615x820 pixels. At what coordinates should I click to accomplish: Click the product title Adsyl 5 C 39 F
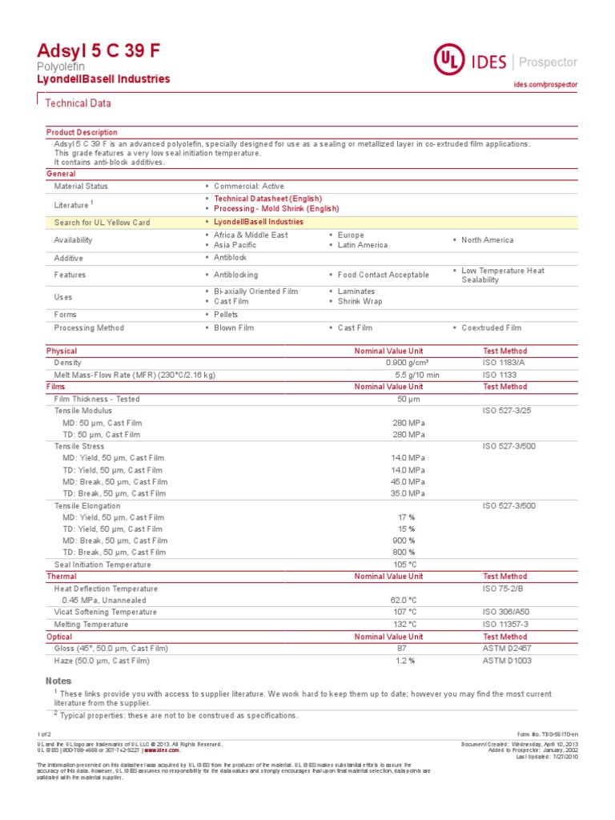point(98,50)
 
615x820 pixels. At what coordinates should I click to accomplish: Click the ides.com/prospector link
point(545,84)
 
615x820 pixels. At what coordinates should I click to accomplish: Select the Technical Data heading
point(78,103)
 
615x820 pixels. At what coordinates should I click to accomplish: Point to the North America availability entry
point(487,240)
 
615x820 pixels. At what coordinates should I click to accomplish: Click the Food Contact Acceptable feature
point(383,275)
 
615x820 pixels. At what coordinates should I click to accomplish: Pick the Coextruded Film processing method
point(491,328)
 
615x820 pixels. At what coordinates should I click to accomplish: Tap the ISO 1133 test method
point(500,375)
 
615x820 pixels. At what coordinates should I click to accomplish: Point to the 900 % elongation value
point(404,541)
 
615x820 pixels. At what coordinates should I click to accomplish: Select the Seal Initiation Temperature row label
point(102,565)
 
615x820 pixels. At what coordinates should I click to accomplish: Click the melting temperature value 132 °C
point(404,624)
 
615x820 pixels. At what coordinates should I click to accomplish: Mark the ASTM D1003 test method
point(506,661)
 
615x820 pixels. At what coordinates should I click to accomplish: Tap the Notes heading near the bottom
point(58,681)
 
